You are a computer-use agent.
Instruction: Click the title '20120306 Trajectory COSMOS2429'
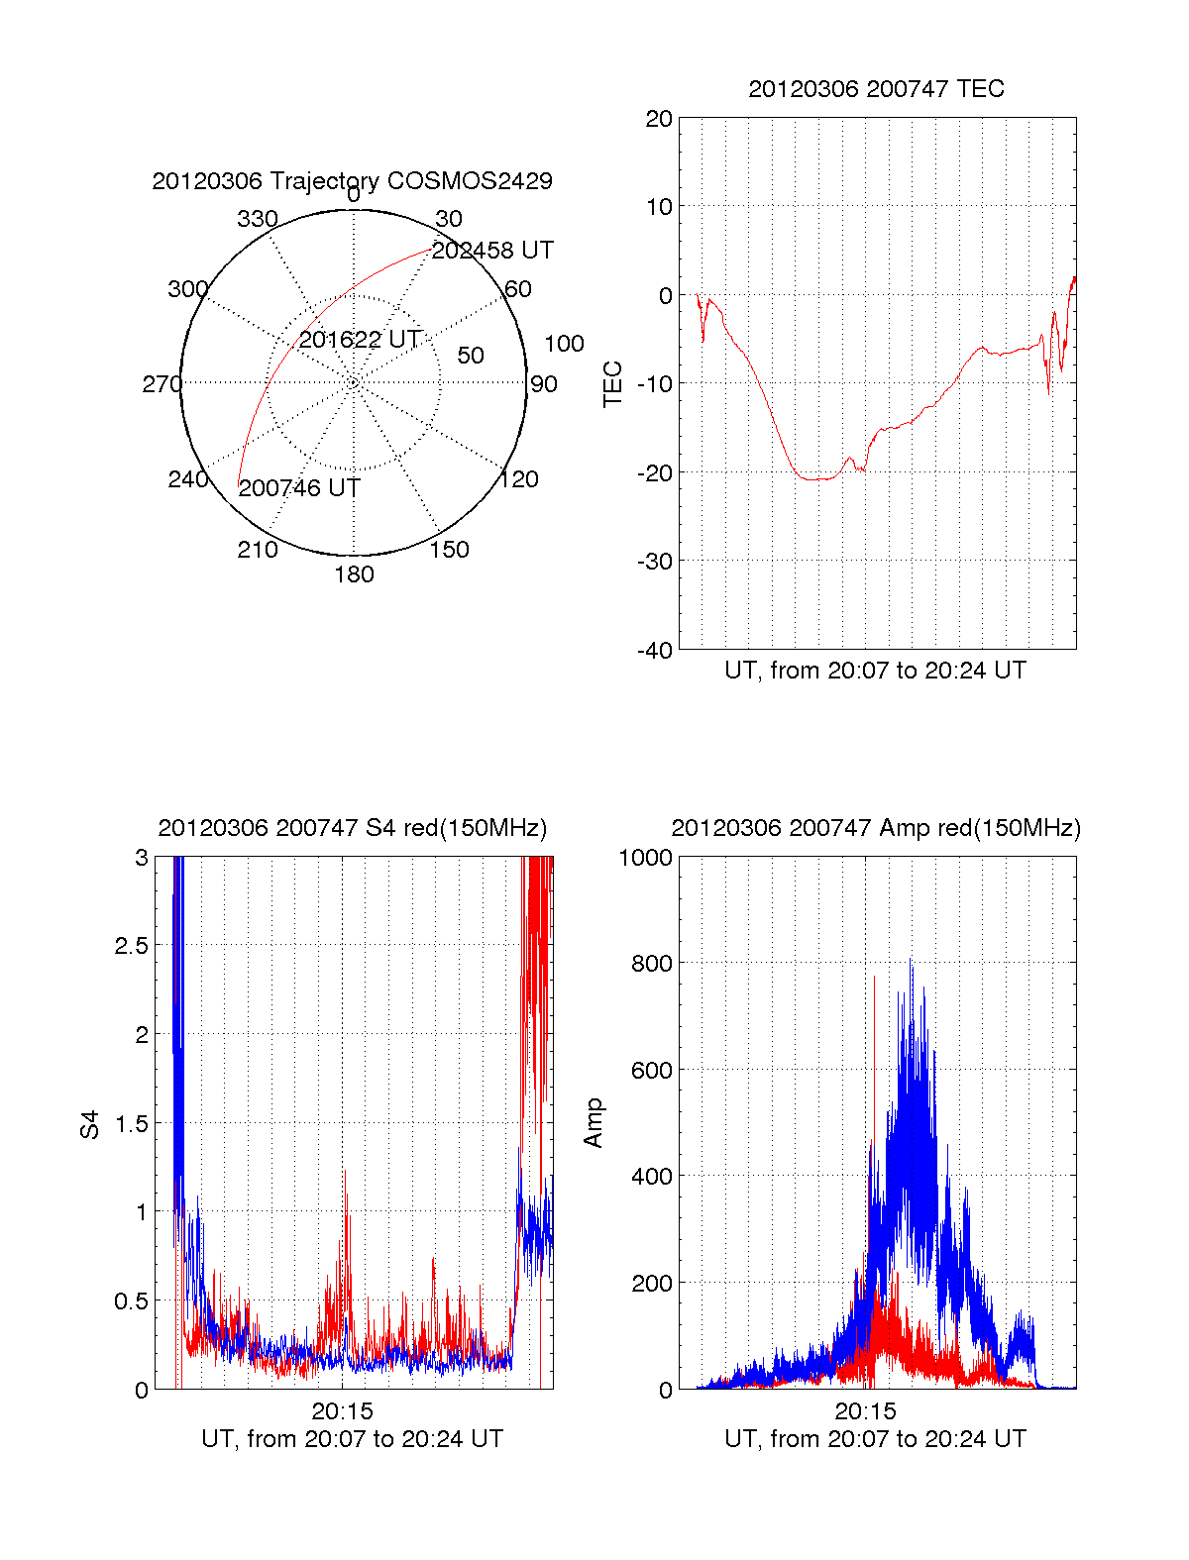click(352, 181)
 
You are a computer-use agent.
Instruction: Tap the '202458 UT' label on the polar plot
click(492, 251)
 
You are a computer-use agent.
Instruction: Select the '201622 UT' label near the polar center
click(361, 340)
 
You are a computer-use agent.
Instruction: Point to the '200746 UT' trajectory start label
click(299, 488)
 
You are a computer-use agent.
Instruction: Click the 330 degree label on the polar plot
click(258, 219)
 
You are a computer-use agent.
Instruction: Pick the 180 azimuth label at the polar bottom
click(354, 574)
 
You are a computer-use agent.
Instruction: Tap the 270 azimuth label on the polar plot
click(162, 384)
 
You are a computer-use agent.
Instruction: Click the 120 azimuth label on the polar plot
click(519, 479)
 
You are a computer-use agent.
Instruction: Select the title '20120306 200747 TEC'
click(876, 89)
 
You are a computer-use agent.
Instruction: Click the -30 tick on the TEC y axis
click(654, 562)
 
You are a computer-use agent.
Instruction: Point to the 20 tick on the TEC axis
click(659, 119)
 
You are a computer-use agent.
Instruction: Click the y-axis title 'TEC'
click(613, 384)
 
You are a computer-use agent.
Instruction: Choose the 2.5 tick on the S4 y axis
click(132, 946)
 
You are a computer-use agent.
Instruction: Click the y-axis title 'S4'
click(90, 1124)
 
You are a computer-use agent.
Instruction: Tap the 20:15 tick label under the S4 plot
click(342, 1411)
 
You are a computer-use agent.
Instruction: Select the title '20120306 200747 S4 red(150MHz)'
click(352, 828)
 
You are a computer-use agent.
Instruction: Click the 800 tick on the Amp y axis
click(651, 964)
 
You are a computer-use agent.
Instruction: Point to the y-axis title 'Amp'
click(594, 1123)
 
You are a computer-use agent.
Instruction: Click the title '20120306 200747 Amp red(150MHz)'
click(876, 828)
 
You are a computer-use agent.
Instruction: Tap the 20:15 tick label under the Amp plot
click(865, 1411)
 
